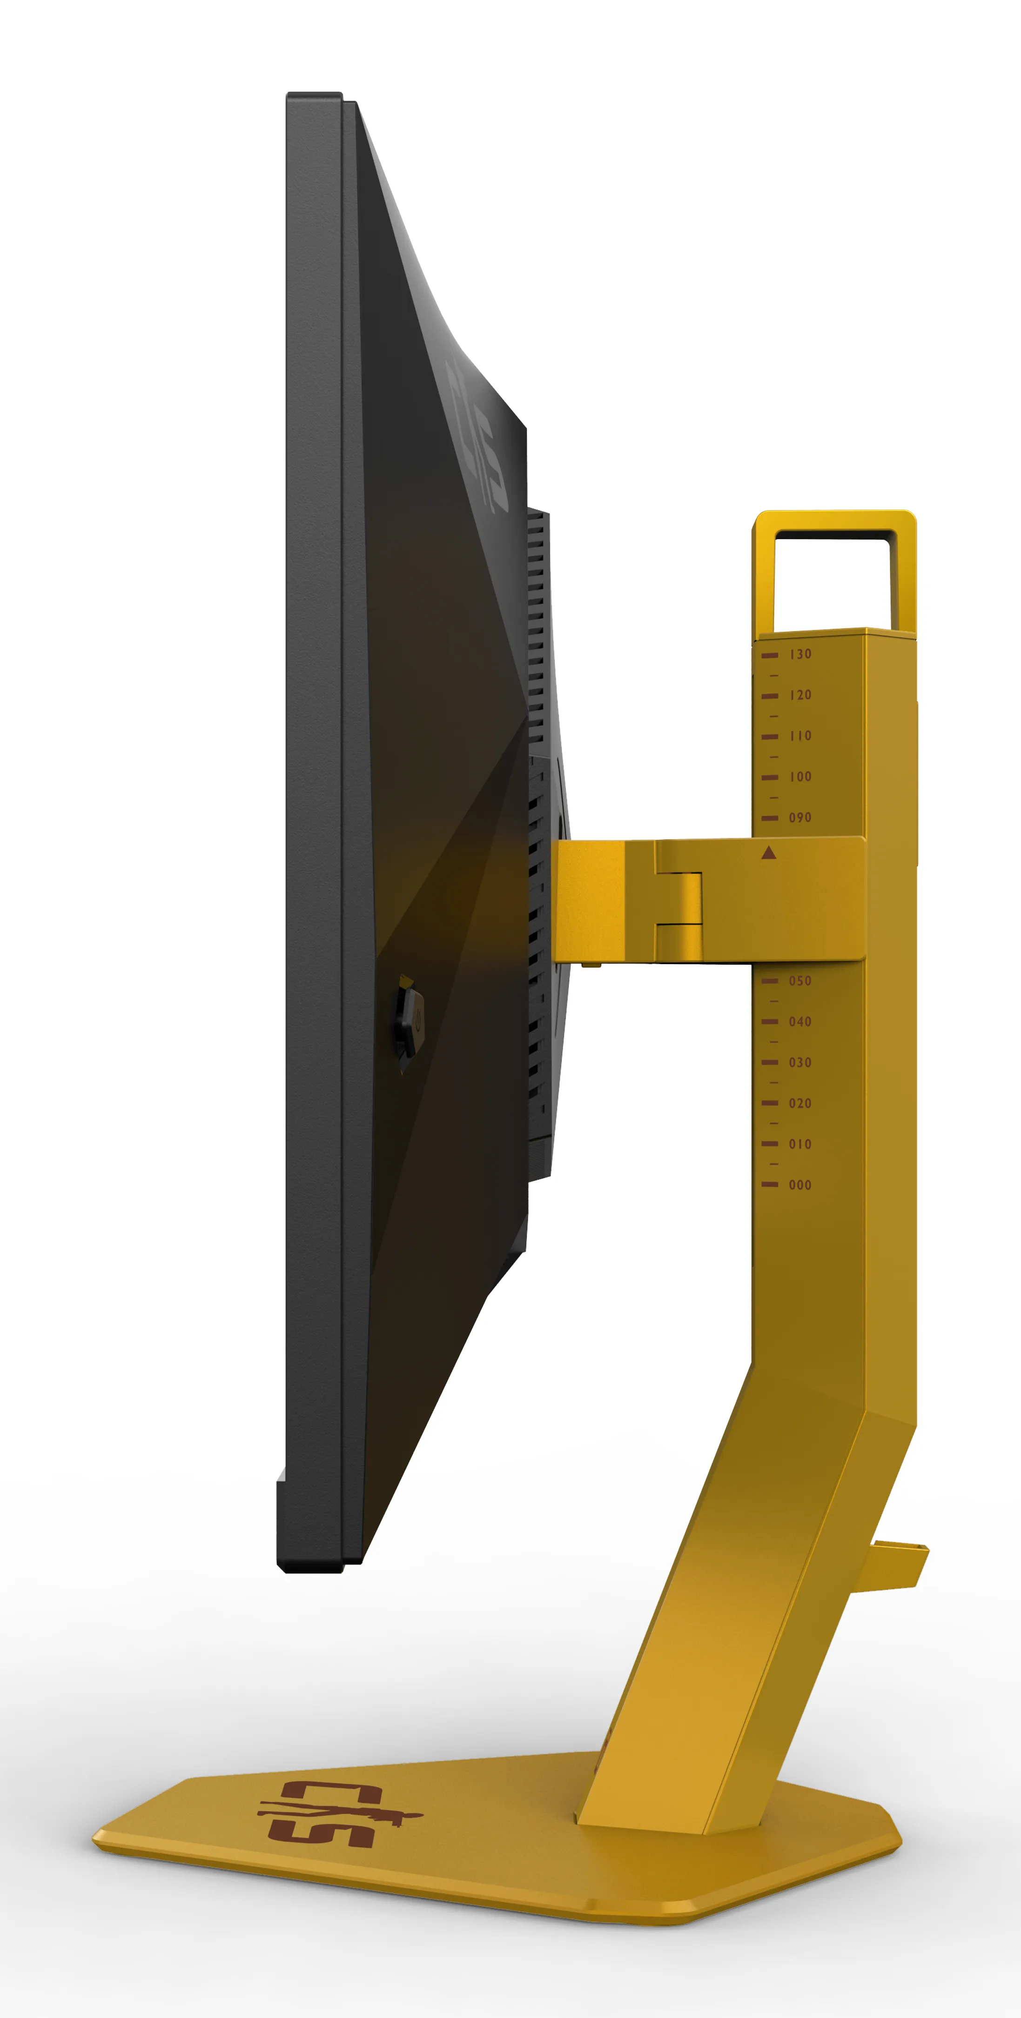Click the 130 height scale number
(800, 654)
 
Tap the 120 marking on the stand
(800, 695)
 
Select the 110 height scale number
(800, 736)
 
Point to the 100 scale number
(800, 776)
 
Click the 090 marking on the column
(800, 817)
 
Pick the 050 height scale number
(800, 981)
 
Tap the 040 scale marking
(800, 1021)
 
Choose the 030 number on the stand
(800, 1062)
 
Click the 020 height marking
(800, 1103)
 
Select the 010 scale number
(800, 1144)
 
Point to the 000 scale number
(800, 1185)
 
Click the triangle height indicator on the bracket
(768, 852)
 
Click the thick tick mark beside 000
(769, 1185)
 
